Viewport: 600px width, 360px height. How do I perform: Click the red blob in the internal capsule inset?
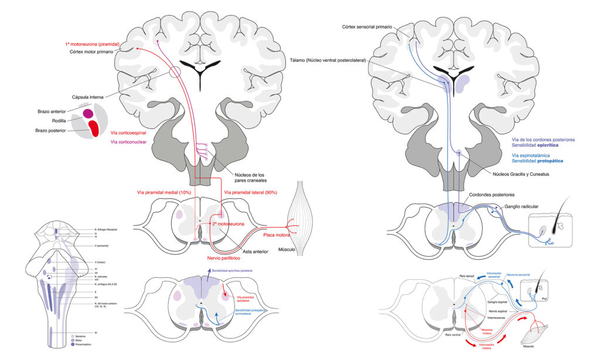pos(93,128)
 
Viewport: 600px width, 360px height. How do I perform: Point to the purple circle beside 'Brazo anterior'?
pos(88,113)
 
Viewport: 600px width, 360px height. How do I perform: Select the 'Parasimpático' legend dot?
pos(73,345)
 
